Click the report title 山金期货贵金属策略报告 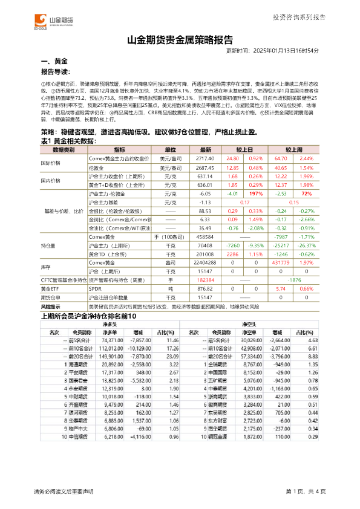[x=180, y=41]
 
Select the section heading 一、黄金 [x=54, y=62]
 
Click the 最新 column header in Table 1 [x=206, y=149]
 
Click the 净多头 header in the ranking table [x=109, y=325]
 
